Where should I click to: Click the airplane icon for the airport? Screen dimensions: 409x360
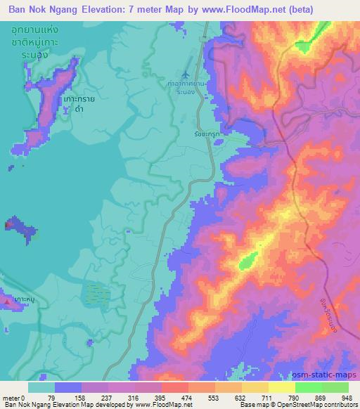point(186,74)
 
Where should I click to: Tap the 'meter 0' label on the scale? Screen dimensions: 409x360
point(13,397)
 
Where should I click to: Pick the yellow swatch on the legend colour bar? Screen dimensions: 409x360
point(255,387)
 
